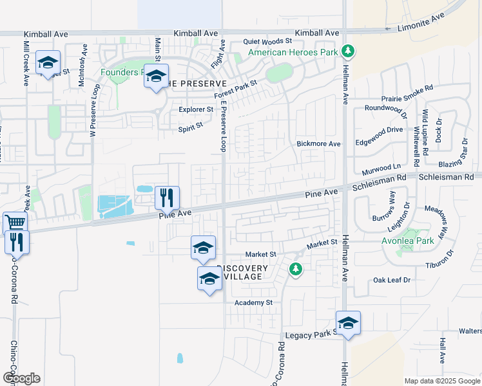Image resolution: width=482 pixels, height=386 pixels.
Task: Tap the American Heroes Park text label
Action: point(293,52)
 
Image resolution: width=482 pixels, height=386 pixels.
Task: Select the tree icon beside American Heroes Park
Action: point(348,50)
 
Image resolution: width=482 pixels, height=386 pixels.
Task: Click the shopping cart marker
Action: point(15,223)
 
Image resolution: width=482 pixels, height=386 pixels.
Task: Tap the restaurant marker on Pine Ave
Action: point(167,197)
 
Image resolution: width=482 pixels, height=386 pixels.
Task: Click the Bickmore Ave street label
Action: point(318,143)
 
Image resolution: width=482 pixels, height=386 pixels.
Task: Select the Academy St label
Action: point(254,302)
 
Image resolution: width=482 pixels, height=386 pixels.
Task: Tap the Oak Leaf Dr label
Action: point(392,280)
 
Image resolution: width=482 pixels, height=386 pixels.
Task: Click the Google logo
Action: point(21,378)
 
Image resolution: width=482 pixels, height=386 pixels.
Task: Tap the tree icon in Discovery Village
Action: point(296,269)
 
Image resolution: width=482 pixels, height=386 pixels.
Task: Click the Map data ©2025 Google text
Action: point(441,381)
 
